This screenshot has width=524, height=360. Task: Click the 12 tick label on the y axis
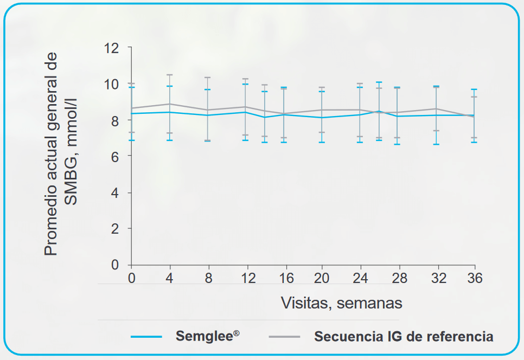[111, 48]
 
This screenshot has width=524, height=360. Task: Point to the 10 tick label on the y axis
[111, 84]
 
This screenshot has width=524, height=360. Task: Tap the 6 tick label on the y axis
[114, 156]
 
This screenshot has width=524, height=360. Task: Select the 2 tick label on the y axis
[114, 228]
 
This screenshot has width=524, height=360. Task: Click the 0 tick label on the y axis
[114, 265]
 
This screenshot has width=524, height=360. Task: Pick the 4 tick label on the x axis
[169, 279]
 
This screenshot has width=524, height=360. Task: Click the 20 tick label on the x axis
[322, 279]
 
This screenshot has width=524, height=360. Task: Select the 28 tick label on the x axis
[398, 279]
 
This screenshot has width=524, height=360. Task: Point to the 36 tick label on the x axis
[475, 279]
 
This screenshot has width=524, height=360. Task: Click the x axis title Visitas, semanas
[341, 303]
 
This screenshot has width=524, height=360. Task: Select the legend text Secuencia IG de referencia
[404, 336]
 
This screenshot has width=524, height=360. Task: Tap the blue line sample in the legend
[146, 337]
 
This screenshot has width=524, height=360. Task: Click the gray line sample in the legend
[285, 337]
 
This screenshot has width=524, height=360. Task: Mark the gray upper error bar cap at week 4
[169, 75]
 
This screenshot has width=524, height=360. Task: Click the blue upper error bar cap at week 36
[474, 89]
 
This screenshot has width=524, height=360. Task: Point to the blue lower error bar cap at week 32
[436, 144]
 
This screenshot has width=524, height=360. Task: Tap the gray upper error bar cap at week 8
[207, 78]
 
